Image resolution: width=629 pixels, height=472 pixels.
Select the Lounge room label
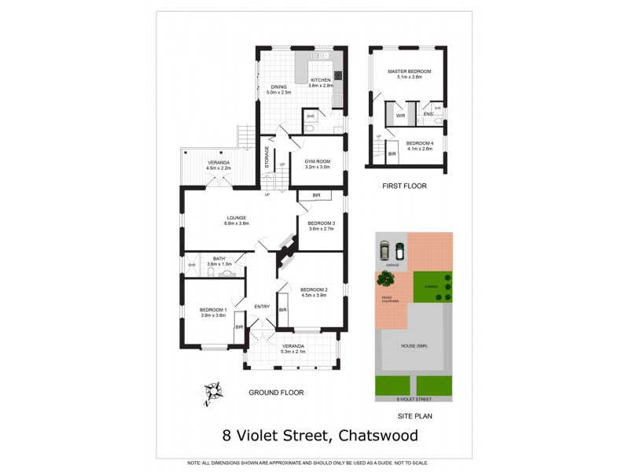pos(237,218)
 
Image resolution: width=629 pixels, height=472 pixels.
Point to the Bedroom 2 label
pos(314,289)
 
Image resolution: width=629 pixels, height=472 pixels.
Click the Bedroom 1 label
pos(212,309)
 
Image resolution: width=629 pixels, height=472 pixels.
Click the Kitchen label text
pos(321,80)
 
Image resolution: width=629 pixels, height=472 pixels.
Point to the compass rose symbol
pos(214,391)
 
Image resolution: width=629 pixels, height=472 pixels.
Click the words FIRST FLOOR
pos(405,186)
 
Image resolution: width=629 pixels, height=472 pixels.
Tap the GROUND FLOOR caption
pos(276,392)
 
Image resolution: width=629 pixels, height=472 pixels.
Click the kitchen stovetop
pos(339,76)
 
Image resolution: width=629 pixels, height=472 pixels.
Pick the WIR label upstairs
pos(400,116)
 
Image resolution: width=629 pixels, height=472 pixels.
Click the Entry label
pos(261,306)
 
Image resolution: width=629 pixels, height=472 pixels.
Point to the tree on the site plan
pos(385,278)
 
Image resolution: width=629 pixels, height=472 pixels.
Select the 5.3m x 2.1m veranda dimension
pos(292,352)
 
